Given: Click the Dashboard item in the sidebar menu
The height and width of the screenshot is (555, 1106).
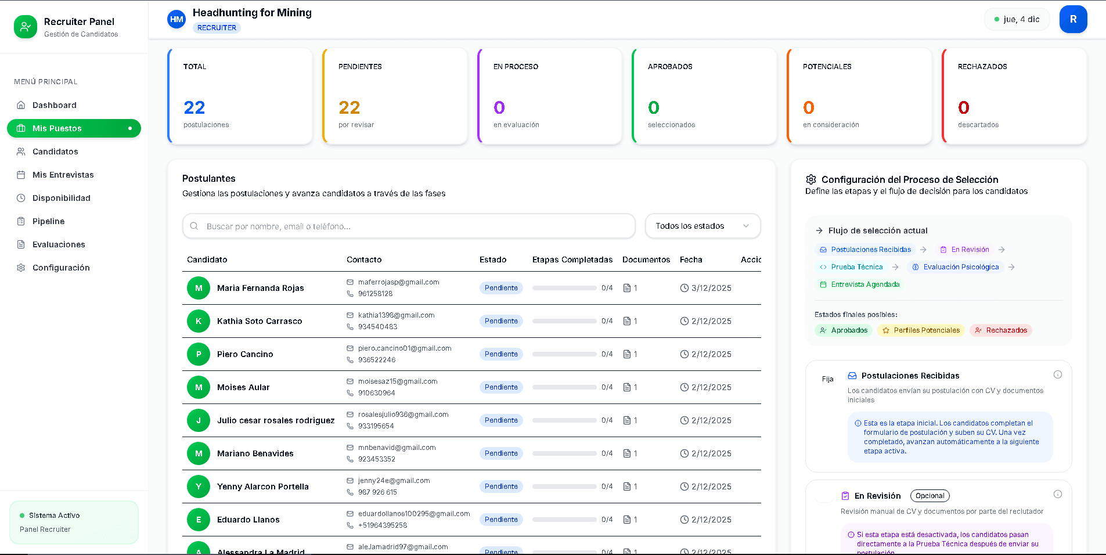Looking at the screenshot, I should [x=54, y=105].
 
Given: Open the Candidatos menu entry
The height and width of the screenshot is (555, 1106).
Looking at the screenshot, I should [x=55, y=152].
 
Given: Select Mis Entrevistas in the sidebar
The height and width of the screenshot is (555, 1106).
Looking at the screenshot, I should [x=63, y=175].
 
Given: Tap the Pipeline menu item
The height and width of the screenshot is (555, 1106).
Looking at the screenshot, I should [x=48, y=221].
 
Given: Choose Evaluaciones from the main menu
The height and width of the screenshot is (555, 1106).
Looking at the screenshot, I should [x=59, y=244].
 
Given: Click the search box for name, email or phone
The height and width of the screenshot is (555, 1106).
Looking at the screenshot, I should [x=409, y=226].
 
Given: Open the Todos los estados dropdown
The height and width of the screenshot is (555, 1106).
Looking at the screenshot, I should [x=702, y=226].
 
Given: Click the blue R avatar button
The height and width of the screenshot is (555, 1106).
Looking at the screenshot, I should [x=1073, y=19].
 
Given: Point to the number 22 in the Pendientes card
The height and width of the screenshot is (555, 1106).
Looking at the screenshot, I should [x=350, y=107].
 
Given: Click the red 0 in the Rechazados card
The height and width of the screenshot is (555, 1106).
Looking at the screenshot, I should [x=964, y=107].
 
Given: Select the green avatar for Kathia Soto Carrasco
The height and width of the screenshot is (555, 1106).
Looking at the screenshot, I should [x=199, y=321].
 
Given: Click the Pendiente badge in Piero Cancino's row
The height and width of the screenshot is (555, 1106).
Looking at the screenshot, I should [x=501, y=354].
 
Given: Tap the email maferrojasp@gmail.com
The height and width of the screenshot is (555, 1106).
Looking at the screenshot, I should [x=398, y=282].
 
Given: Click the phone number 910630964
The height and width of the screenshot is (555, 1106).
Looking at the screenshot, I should [x=376, y=393].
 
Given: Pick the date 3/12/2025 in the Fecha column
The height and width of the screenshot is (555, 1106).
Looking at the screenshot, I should [x=711, y=288].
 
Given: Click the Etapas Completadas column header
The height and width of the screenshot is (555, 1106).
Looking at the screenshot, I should [x=572, y=260].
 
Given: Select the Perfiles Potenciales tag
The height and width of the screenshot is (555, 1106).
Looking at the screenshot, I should [x=921, y=330].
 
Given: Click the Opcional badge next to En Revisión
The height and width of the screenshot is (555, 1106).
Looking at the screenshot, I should [x=930, y=496].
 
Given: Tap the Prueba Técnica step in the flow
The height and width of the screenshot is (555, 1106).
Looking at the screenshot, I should [x=856, y=267].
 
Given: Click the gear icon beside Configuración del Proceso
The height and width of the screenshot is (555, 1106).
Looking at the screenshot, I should [x=811, y=179].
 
